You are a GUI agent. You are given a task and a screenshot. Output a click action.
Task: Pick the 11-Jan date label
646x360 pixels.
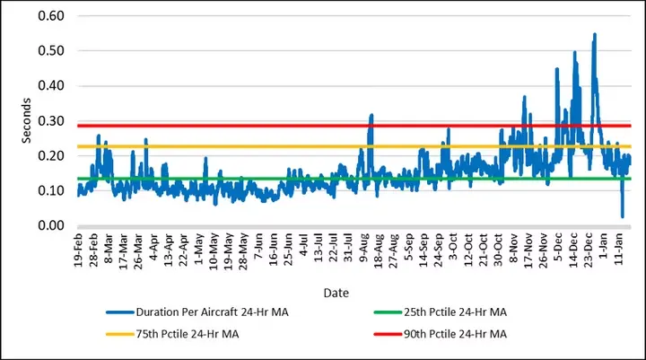pyautogui.click(x=619, y=249)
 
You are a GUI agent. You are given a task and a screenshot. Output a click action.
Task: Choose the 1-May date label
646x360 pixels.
pyautogui.click(x=199, y=248)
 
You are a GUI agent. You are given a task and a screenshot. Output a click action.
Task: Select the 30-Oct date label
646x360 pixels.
pyautogui.click(x=498, y=249)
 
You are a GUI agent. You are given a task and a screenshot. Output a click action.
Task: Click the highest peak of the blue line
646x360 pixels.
pyautogui.click(x=594, y=34)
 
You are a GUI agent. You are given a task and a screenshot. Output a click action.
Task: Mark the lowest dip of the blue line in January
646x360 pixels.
pyautogui.click(x=623, y=216)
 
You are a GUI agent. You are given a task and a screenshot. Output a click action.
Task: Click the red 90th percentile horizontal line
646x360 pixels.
pyautogui.click(x=269, y=126)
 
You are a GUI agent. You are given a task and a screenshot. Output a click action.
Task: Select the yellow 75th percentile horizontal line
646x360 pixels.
pyautogui.click(x=269, y=146)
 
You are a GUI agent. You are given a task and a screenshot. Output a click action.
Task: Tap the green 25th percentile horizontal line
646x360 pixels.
pyautogui.click(x=269, y=179)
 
